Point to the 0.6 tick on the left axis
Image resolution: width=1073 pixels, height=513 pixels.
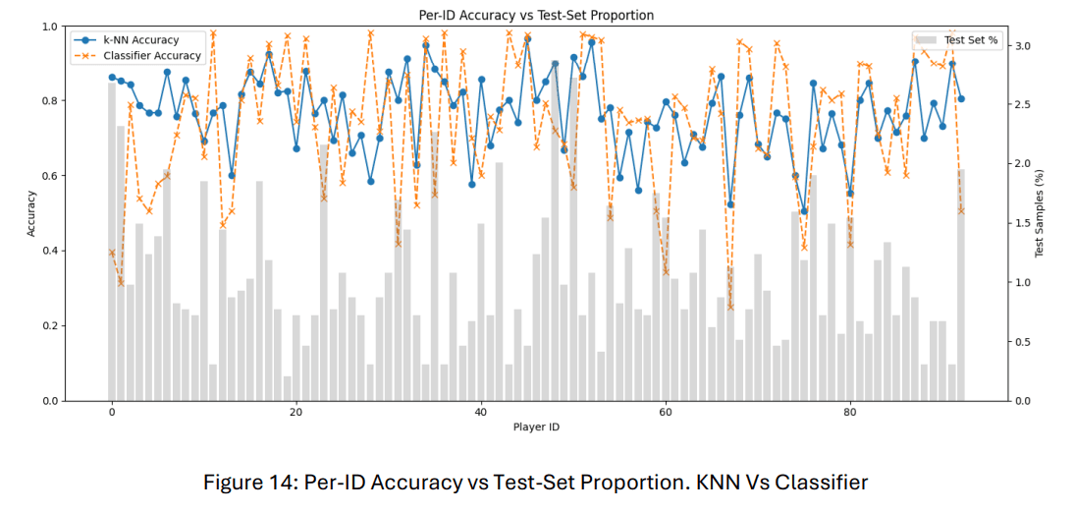click(50, 176)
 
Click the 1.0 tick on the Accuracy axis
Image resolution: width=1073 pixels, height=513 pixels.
click(50, 26)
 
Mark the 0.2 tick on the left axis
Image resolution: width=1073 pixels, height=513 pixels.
click(50, 326)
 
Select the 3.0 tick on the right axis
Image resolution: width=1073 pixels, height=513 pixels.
click(1022, 46)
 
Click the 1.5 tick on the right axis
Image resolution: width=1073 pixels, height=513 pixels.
click(1022, 224)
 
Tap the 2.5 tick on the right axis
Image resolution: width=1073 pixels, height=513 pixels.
click(1022, 105)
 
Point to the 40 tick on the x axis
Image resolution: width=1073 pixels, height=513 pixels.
click(481, 414)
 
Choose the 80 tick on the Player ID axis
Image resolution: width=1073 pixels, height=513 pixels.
click(850, 414)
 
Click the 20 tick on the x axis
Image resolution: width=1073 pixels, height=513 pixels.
click(296, 414)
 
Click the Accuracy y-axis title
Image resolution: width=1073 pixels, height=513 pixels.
click(31, 213)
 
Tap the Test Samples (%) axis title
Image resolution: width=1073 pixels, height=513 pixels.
click(1043, 213)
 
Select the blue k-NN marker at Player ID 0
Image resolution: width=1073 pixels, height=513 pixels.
click(112, 77)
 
